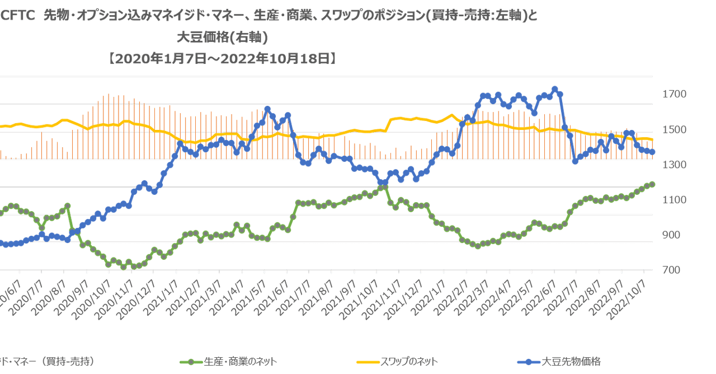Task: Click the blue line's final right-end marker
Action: [x=652, y=152]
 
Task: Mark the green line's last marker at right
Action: [x=652, y=184]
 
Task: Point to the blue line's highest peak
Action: [x=554, y=88]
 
